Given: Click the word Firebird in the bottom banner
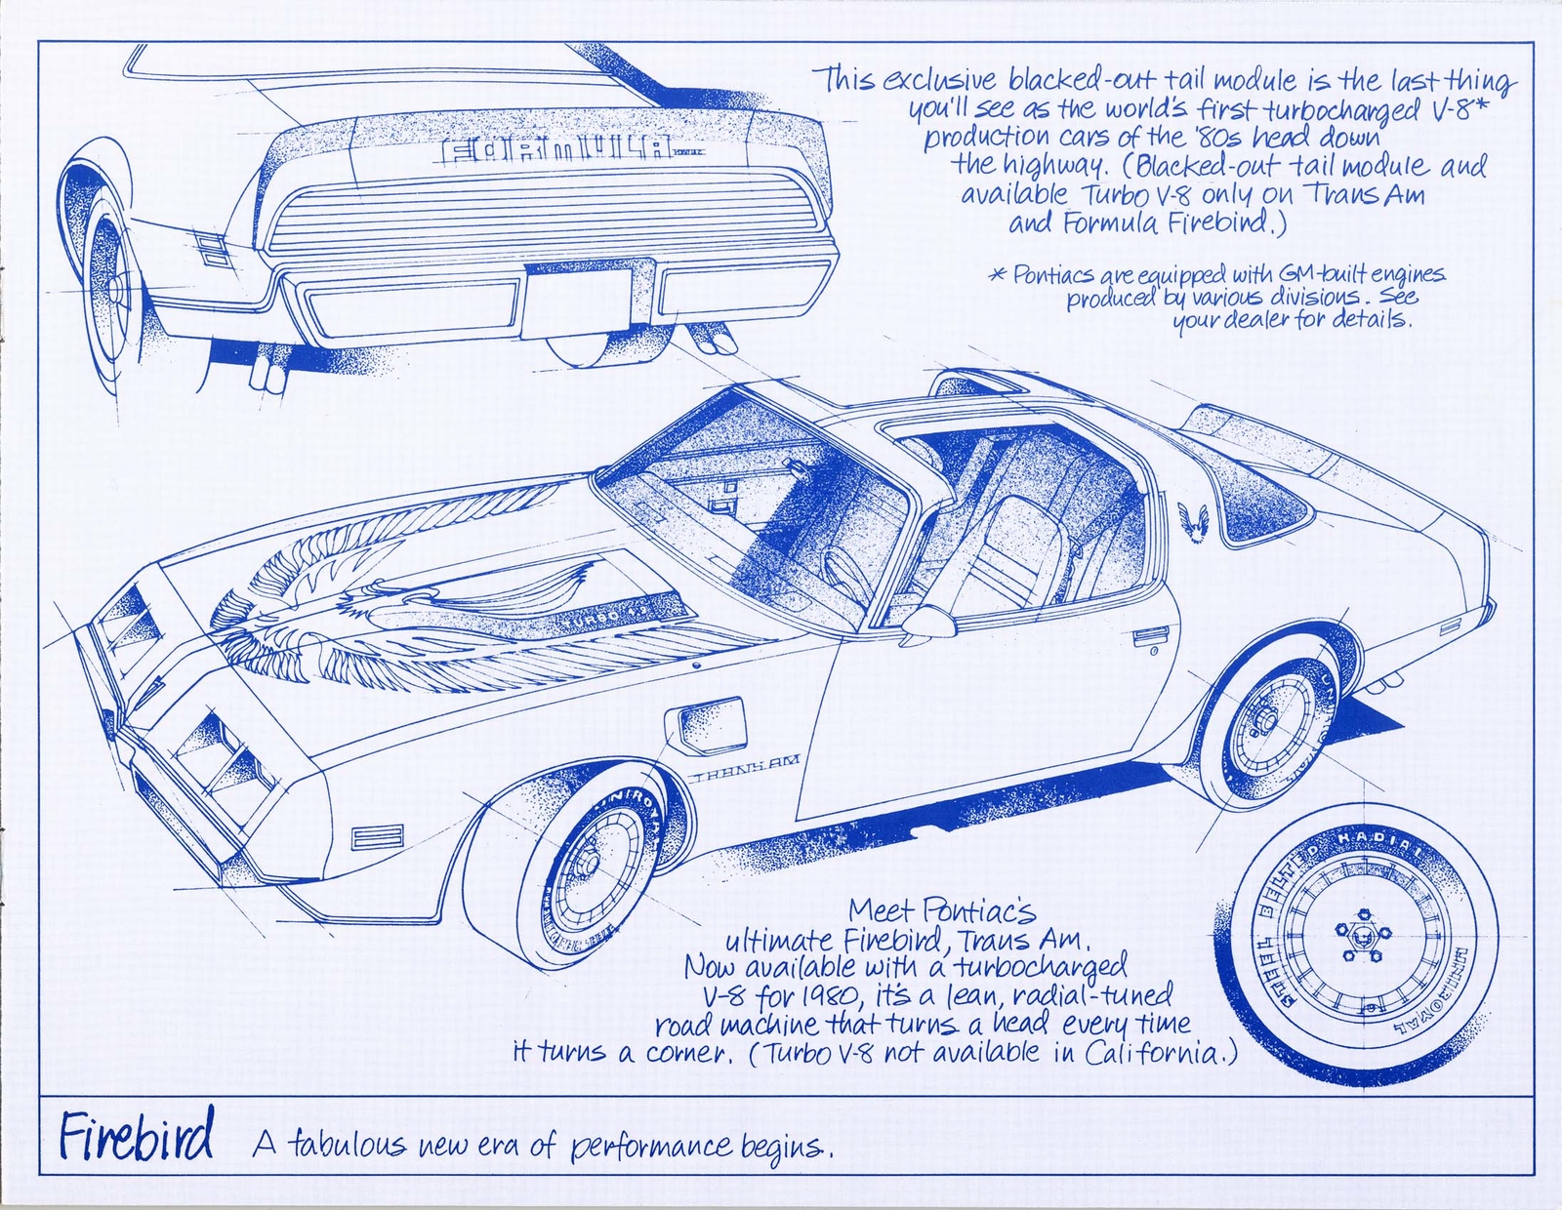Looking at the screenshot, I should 136,1138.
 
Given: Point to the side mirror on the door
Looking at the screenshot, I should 926,618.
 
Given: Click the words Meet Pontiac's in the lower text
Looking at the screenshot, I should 941,911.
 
